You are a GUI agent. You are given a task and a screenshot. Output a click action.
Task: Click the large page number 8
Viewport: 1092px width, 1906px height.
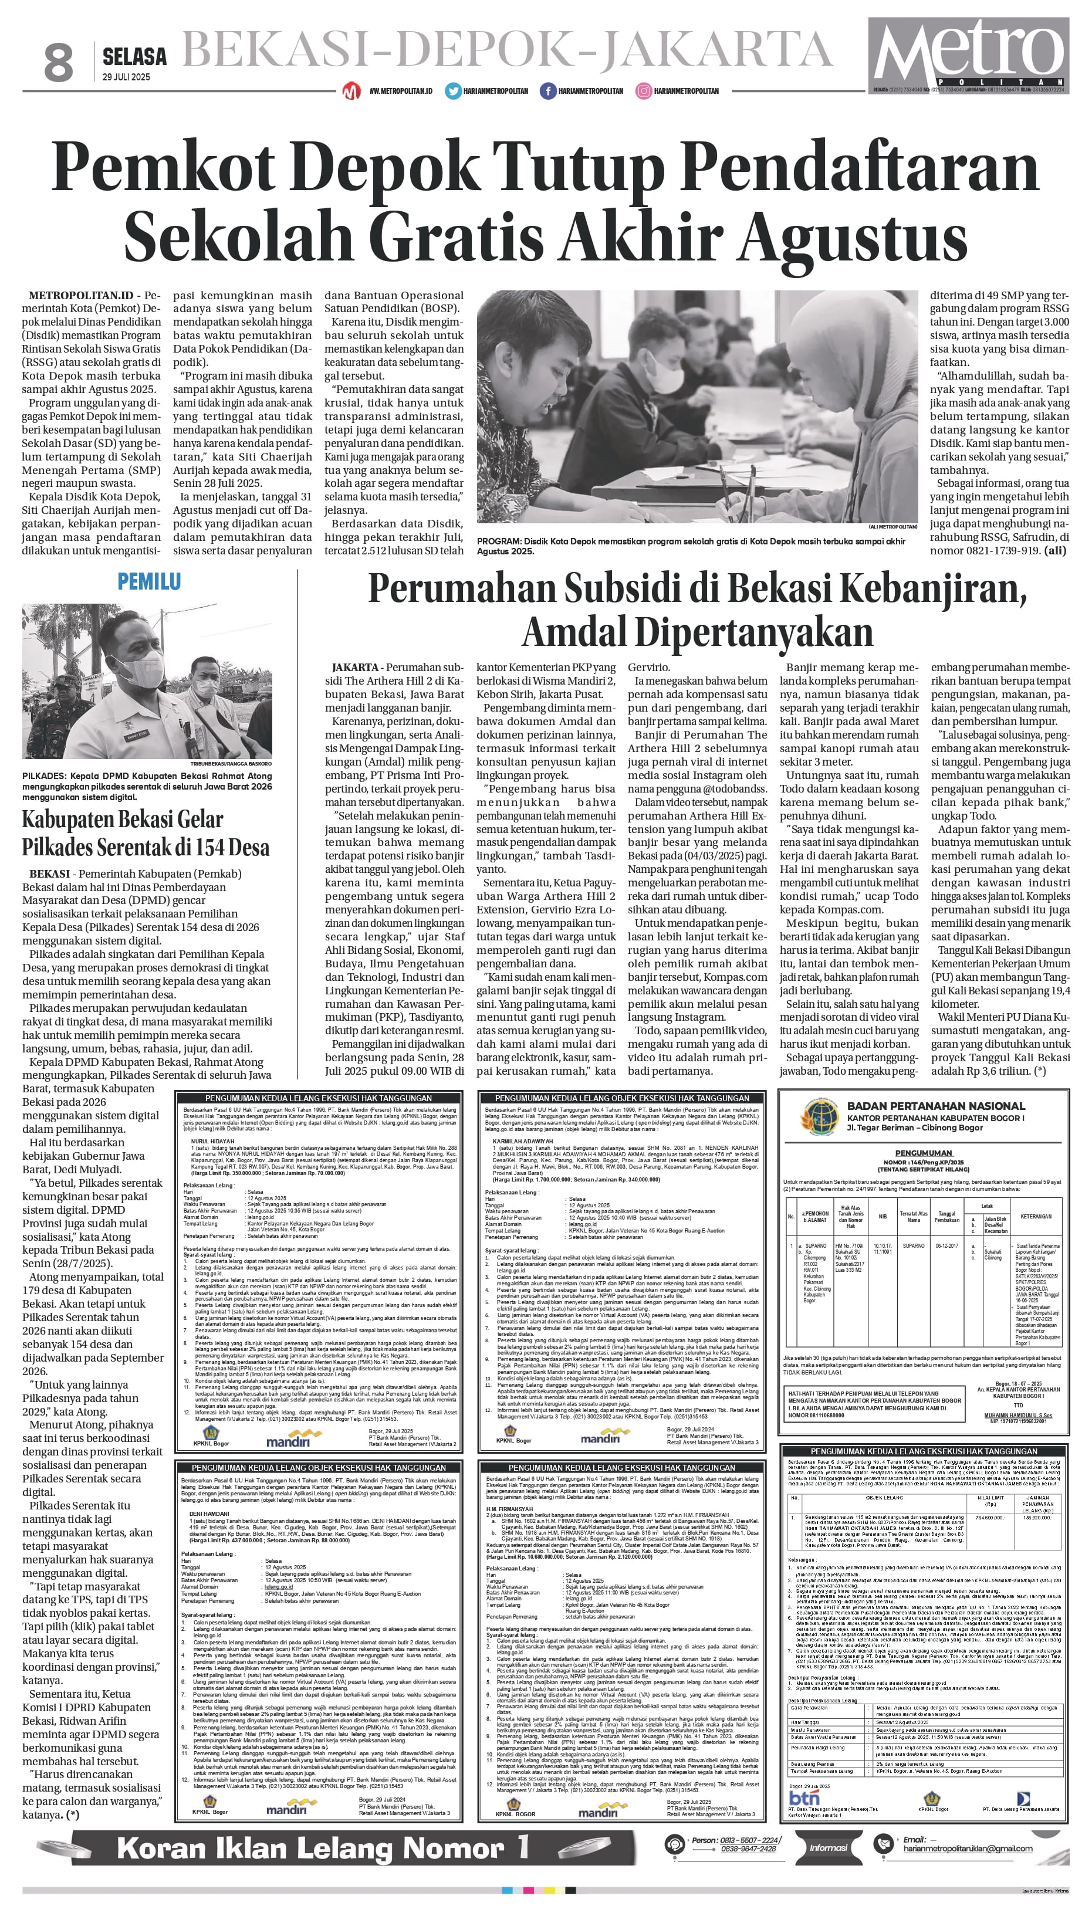(x=59, y=62)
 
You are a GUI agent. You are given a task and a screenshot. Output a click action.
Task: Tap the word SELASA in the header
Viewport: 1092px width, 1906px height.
(x=134, y=56)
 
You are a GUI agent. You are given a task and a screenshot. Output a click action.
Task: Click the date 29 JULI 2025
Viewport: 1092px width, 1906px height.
(x=126, y=77)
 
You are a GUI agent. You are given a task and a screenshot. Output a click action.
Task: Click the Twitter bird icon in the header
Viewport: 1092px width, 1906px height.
(x=453, y=91)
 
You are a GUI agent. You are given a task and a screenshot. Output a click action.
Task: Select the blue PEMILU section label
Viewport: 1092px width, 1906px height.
(x=148, y=581)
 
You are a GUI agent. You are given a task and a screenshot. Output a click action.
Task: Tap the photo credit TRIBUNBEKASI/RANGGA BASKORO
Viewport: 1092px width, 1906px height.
(x=232, y=763)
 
